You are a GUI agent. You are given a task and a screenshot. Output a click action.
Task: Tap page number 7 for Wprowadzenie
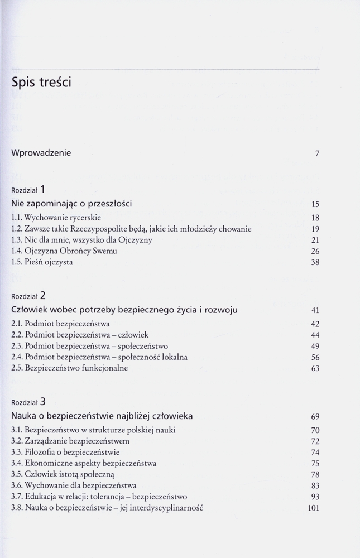click(x=317, y=153)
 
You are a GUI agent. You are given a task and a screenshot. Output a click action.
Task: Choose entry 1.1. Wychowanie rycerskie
click(x=56, y=217)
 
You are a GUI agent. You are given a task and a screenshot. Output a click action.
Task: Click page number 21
click(x=315, y=240)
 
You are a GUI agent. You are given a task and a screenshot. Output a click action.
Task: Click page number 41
click(x=315, y=310)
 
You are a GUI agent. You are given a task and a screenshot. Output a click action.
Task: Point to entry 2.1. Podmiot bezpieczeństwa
click(x=60, y=323)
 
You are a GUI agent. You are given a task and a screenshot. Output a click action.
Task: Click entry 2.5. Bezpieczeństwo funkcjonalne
click(x=69, y=368)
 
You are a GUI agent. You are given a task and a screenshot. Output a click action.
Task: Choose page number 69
click(x=315, y=416)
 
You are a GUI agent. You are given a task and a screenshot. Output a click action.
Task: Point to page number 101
click(x=313, y=508)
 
